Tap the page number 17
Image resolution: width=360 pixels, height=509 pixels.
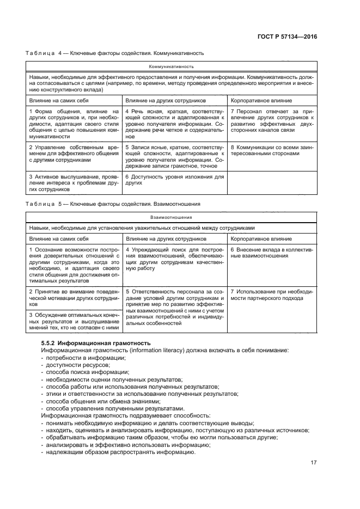point(314,463)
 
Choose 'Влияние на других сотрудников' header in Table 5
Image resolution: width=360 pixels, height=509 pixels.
point(158,238)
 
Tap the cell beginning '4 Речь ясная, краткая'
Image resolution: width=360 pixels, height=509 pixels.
point(174,124)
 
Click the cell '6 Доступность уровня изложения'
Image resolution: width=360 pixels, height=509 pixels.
point(174,180)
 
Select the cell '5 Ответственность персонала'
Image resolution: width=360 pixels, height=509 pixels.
point(174,308)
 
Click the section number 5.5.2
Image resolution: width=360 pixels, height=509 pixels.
point(49,343)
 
